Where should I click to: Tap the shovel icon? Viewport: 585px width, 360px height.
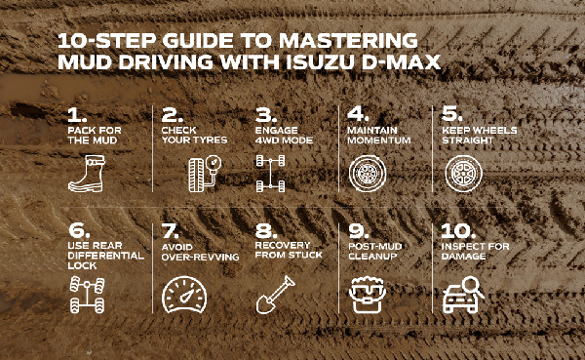click(272, 294)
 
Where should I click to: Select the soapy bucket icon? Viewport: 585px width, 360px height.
click(367, 294)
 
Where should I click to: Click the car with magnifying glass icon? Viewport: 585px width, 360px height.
click(461, 294)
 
